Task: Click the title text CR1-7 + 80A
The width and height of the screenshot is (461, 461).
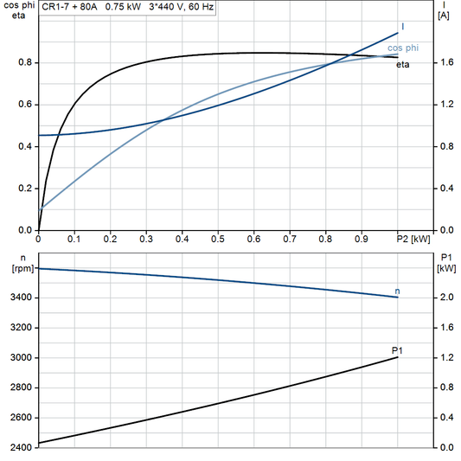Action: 71,7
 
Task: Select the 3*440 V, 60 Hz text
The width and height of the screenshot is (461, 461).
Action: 182,7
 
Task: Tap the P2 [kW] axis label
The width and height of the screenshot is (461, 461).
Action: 413,239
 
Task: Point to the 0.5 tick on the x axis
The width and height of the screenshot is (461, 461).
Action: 218,239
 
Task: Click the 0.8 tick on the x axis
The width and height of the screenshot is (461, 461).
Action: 325,239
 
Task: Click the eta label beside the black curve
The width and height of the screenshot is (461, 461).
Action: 403,64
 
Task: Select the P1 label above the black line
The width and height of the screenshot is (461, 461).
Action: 397,349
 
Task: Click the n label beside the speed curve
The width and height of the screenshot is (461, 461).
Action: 397,291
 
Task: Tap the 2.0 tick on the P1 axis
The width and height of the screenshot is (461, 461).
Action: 445,298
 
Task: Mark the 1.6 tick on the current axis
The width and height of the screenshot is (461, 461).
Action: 445,63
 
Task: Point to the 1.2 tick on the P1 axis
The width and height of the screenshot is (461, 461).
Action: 445,358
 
